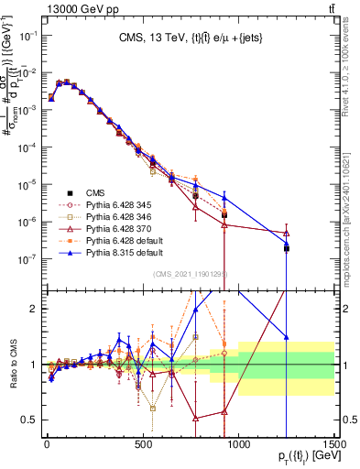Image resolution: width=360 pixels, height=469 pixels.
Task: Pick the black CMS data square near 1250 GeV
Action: point(287,248)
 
